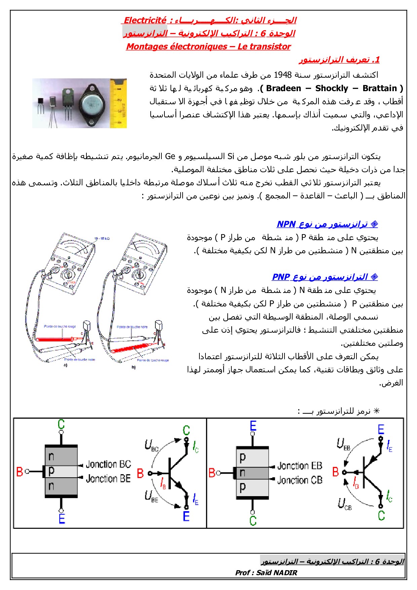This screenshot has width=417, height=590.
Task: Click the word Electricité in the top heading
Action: click(x=145, y=21)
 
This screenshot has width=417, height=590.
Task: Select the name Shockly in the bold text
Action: click(x=332, y=88)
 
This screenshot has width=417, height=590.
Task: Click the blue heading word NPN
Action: click(x=286, y=224)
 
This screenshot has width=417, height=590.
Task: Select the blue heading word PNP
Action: click(x=281, y=277)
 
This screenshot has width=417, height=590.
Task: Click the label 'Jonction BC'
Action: click(x=108, y=465)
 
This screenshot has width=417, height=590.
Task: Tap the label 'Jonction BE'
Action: click(x=108, y=478)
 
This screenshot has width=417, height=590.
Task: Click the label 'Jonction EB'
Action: click(x=300, y=466)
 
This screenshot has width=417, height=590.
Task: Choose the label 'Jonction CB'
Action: click(x=300, y=480)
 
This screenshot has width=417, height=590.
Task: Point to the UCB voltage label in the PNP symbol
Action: click(x=344, y=504)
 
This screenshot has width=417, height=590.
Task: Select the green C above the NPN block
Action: click(x=61, y=425)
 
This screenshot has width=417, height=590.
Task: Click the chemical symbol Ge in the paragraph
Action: click(x=170, y=156)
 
